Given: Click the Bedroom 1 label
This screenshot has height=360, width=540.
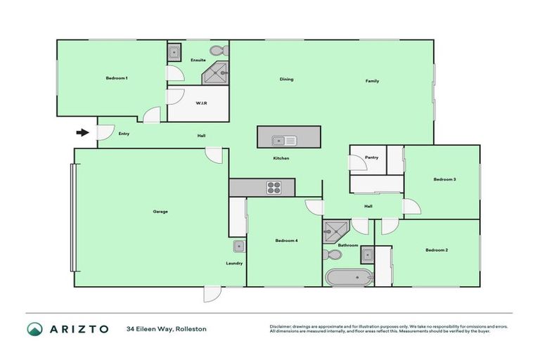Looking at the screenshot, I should click(x=117, y=78).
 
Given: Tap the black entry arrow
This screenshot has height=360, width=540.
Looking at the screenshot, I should click(x=82, y=132).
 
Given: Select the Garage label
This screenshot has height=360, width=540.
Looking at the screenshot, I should click(x=160, y=211).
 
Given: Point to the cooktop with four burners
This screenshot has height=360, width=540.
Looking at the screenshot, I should click(x=274, y=188).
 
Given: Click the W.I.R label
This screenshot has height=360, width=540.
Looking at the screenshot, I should click(x=201, y=103).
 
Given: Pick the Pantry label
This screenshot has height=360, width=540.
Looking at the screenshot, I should click(x=372, y=157).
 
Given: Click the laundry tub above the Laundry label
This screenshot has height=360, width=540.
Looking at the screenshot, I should click(x=239, y=246).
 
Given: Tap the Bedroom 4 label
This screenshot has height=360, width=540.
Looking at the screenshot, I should click(x=286, y=241).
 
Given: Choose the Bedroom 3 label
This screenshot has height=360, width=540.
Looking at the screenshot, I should click(x=444, y=179).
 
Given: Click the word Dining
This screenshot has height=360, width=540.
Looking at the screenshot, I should click(x=286, y=79).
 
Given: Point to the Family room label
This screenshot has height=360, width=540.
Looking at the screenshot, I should click(x=372, y=81).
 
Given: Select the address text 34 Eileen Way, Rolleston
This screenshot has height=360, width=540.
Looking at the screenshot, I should click(x=167, y=329).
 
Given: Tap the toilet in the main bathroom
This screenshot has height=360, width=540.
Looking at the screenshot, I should click(x=330, y=254).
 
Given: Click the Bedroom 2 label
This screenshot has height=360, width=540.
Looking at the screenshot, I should click(x=437, y=250).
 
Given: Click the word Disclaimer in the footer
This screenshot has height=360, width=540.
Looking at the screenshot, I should click(x=282, y=326).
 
